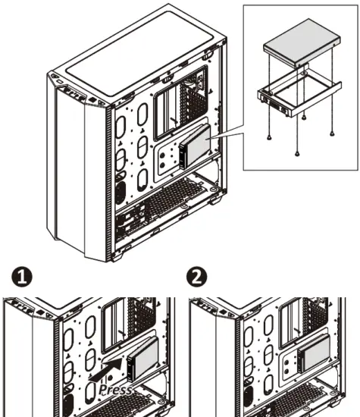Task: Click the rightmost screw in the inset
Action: tap(331, 133)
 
